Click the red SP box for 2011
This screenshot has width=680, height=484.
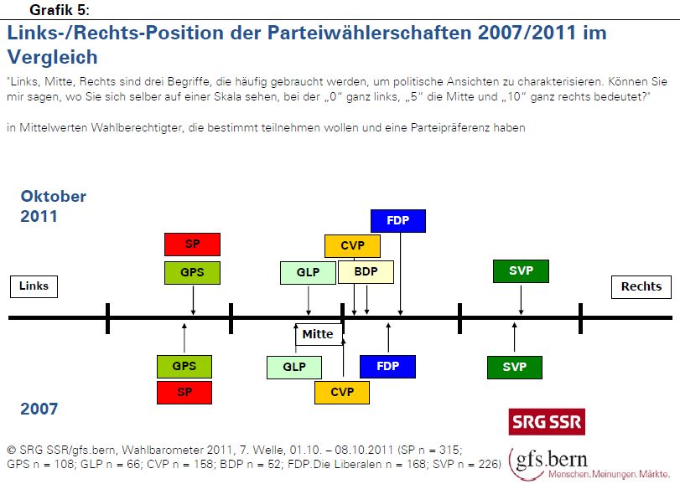(192, 245)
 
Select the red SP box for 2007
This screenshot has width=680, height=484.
(184, 392)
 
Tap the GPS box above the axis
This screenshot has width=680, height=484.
(192, 272)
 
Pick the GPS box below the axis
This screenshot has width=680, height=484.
(184, 367)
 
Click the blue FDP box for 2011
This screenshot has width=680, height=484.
(398, 221)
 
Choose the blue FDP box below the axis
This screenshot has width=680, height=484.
(387, 367)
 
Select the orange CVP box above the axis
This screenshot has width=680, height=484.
(352, 246)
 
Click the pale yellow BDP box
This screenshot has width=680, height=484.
(366, 272)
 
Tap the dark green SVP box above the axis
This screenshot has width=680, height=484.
(521, 271)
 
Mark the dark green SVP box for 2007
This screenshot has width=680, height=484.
(514, 367)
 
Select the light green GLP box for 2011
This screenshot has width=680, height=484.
(309, 273)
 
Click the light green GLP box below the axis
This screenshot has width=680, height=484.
(293, 367)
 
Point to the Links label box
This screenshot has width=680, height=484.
(34, 286)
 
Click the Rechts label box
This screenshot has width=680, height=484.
(641, 286)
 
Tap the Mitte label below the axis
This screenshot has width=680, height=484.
(318, 334)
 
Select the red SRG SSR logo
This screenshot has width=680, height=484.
(547, 421)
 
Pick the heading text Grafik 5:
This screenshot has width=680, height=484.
(60, 10)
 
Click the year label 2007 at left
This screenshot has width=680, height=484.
(39, 409)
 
